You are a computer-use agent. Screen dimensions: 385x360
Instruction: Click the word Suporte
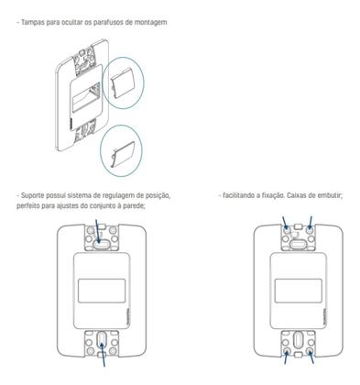[x=32, y=195]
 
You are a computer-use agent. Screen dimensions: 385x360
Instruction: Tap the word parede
[x=156, y=205]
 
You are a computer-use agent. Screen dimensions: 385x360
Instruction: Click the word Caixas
[x=298, y=195]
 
